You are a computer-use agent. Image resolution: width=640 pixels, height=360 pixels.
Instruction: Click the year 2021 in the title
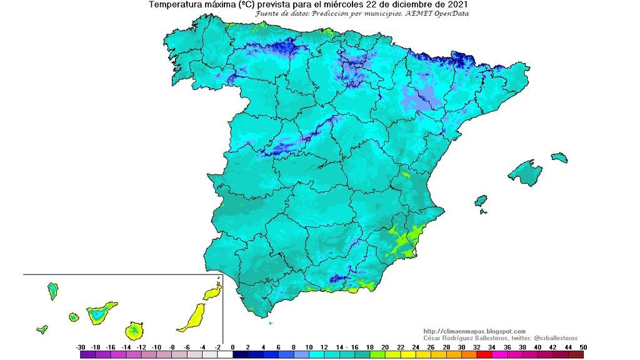coord(457,4)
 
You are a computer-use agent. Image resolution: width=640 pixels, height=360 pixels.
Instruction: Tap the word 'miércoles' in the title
coord(353,4)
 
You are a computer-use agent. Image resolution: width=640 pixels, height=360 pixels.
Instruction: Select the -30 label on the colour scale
coord(81,347)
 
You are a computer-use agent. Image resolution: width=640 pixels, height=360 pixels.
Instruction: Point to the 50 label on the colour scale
coord(582,347)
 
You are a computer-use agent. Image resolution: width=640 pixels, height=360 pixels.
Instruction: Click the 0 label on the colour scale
coord(232,347)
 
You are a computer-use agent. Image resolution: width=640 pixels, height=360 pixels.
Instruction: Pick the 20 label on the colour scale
coord(385,347)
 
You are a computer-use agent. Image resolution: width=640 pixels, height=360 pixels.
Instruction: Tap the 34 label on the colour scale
coord(491,347)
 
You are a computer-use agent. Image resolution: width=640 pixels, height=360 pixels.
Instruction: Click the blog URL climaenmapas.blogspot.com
coord(474,331)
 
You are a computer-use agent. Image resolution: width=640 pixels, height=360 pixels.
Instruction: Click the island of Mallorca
coord(525,172)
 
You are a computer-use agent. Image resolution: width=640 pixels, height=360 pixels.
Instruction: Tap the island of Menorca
coord(559,157)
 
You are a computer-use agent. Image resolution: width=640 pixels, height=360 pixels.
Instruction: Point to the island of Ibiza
coord(481,201)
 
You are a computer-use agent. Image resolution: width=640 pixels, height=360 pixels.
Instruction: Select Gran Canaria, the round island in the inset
coord(134,329)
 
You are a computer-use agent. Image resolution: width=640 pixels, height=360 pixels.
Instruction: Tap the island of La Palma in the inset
coord(52,291)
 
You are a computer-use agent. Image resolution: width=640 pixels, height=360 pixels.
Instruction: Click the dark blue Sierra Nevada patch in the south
coord(338,279)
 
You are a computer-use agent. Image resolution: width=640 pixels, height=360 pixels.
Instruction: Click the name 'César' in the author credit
coord(434,337)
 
